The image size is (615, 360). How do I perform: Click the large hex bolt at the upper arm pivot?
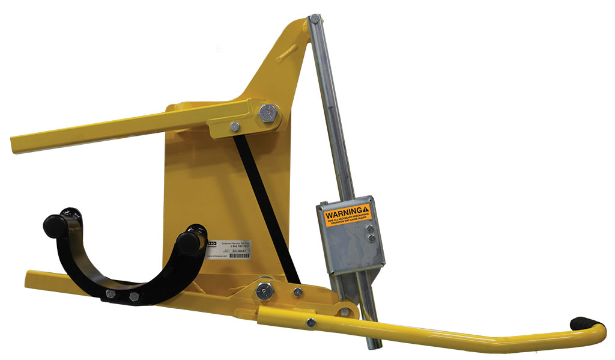pos(268,112)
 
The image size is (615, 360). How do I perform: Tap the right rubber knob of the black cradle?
pos(189,242)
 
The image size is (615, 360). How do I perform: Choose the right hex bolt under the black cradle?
pos(133,297)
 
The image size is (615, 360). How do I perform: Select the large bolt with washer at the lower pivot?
pos(264,290)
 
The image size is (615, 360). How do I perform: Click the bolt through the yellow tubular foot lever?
pos(311,323)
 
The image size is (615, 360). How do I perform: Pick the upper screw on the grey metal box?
pos(370,228)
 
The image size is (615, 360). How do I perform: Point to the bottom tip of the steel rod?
pos(372,347)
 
